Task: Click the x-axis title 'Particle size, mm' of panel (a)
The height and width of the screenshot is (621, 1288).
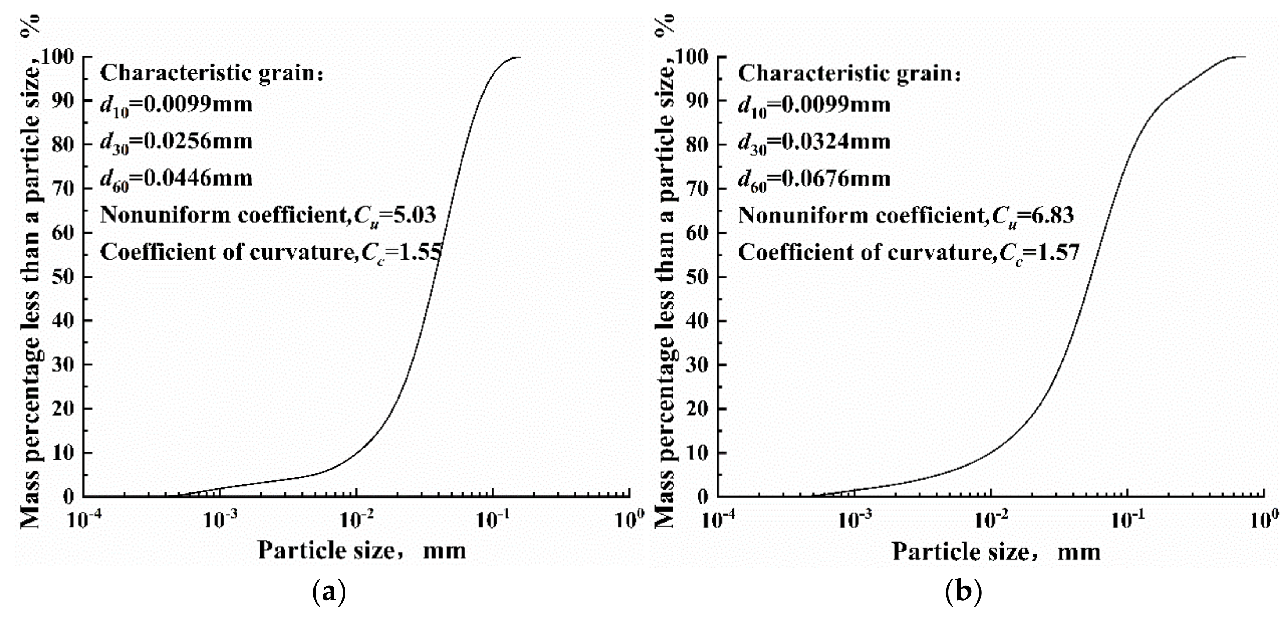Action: click(x=362, y=551)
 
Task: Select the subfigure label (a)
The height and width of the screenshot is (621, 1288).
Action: click(x=329, y=593)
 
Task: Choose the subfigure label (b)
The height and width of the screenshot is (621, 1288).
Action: click(x=964, y=593)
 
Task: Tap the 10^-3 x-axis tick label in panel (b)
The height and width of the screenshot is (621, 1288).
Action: click(x=854, y=521)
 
